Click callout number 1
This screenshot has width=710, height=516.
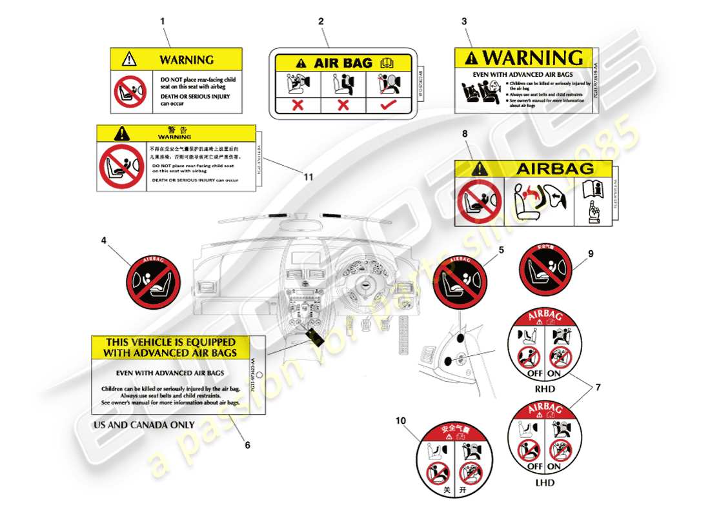162,21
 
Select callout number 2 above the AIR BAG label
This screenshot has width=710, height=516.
321,21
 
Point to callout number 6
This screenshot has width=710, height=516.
247,444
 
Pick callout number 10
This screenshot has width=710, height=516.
401,421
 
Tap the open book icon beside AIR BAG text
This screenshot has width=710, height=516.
387,63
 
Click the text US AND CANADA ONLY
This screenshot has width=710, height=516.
144,425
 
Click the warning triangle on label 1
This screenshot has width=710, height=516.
130,59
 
